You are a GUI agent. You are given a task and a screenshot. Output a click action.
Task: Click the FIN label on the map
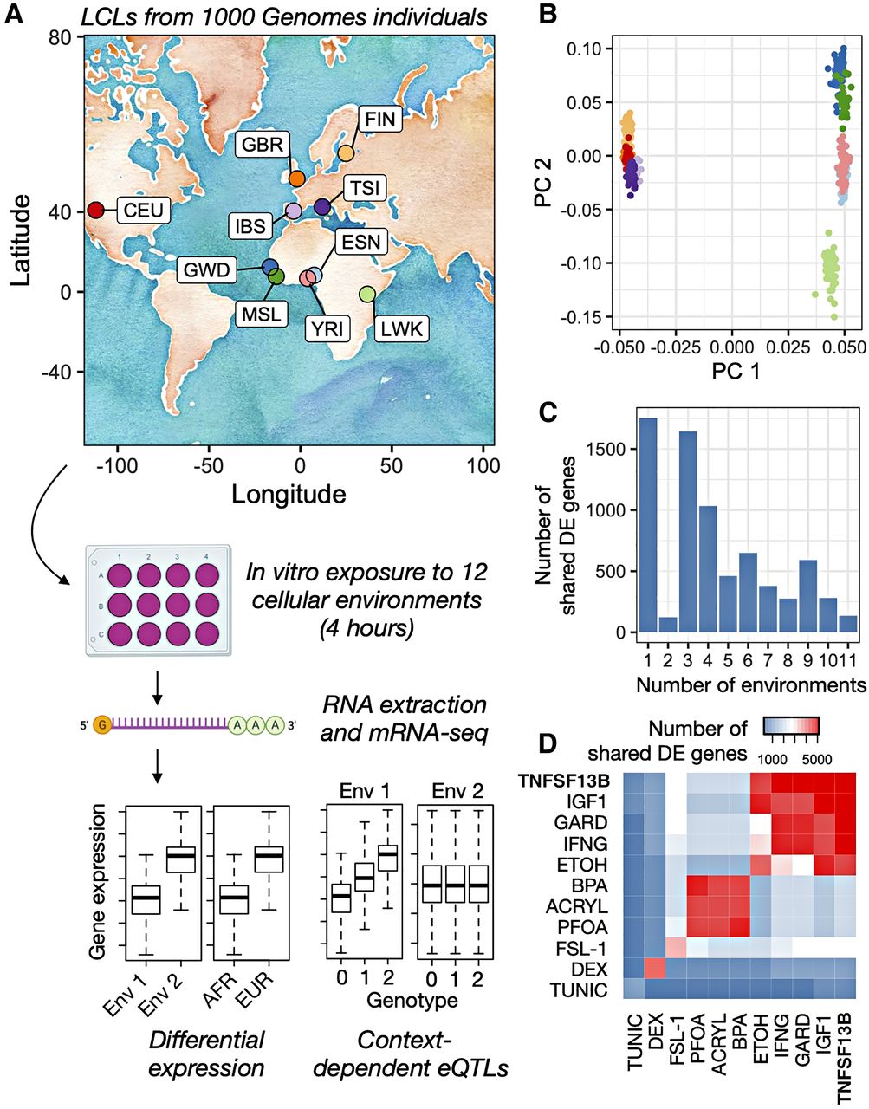[x=380, y=119]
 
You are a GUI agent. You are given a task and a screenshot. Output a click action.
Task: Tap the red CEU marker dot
[x=95, y=210]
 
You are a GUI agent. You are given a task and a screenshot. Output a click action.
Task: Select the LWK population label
[x=401, y=329]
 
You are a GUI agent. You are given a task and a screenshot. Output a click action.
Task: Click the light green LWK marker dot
[x=367, y=294]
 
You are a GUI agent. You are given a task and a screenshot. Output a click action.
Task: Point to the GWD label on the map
[x=207, y=269]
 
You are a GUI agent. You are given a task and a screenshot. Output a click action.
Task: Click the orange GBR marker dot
[x=296, y=178]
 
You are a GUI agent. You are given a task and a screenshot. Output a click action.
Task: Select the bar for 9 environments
[x=808, y=596]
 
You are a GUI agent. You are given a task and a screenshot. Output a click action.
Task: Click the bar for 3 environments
[x=689, y=532]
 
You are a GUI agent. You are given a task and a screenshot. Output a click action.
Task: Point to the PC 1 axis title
[x=736, y=372]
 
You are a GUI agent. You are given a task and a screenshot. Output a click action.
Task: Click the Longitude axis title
[x=289, y=494]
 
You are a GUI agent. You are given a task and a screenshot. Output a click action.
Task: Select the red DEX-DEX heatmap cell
[x=655, y=970]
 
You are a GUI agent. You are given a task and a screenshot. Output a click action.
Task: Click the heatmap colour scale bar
[x=791, y=726]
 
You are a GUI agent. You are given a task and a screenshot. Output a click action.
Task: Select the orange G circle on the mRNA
[x=103, y=724]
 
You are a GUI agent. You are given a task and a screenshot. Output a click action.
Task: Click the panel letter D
[x=550, y=744]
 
